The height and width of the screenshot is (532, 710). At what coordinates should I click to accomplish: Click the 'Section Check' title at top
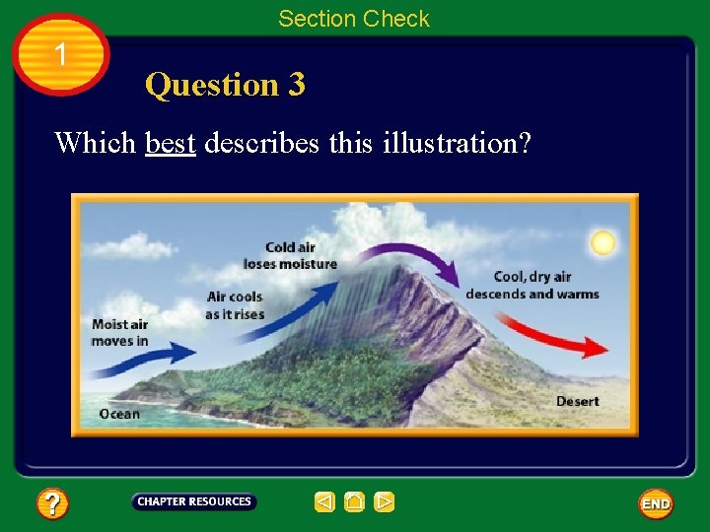click(354, 19)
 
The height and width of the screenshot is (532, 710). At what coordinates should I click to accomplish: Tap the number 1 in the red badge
click(61, 55)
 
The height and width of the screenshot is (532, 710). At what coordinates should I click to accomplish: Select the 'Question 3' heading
click(225, 85)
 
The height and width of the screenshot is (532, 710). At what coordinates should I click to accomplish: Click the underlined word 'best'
click(171, 143)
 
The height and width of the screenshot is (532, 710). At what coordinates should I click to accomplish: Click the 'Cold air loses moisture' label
click(290, 256)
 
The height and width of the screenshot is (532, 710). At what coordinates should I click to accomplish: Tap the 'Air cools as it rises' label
click(235, 305)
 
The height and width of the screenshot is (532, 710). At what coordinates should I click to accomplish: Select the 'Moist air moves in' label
click(119, 333)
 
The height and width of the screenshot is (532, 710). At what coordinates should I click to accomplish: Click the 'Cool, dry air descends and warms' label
click(532, 286)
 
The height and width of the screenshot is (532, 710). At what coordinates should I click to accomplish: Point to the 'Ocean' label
click(119, 414)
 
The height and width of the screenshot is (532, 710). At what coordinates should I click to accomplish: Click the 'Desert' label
click(577, 401)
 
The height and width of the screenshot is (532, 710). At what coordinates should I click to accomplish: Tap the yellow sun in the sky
click(602, 242)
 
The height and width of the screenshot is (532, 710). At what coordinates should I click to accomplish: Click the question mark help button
click(52, 504)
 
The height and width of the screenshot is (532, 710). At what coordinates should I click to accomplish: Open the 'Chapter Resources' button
click(194, 502)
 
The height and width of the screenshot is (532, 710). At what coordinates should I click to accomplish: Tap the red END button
click(656, 503)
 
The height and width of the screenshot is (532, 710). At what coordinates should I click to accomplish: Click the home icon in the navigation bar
click(355, 502)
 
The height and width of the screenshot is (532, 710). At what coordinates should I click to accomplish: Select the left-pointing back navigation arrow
click(324, 502)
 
